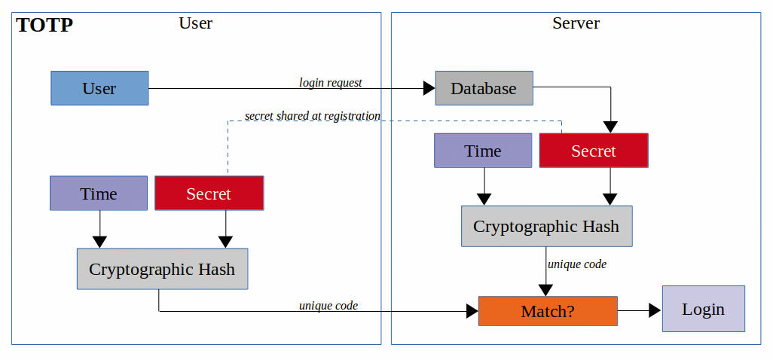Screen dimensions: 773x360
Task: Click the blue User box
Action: click(99, 88)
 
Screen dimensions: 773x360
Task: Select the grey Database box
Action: click(484, 88)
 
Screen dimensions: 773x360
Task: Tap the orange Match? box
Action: click(548, 311)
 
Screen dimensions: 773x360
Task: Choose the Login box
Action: click(704, 309)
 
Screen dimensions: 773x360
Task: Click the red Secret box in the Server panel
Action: click(594, 150)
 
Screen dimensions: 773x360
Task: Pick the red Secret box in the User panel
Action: click(209, 193)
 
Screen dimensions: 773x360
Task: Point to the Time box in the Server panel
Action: click(483, 150)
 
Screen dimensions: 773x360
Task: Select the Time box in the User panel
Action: click(99, 193)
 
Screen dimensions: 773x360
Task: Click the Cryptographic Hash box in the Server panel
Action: click(547, 226)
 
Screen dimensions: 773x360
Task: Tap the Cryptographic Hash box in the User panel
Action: click(162, 269)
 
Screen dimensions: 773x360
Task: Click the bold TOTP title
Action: click(44, 25)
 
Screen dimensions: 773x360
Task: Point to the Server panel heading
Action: click(576, 23)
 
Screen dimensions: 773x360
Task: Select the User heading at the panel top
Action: click(196, 23)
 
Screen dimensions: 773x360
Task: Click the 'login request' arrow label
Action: click(331, 82)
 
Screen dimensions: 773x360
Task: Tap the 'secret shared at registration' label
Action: click(313, 116)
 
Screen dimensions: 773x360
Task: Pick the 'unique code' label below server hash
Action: click(577, 264)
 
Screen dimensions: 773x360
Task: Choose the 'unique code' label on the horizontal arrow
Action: click(328, 305)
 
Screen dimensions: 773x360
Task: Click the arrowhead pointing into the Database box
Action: click(429, 89)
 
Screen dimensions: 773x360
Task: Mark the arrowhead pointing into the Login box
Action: click(655, 310)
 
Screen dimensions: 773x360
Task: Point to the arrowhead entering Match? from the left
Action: click(472, 311)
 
